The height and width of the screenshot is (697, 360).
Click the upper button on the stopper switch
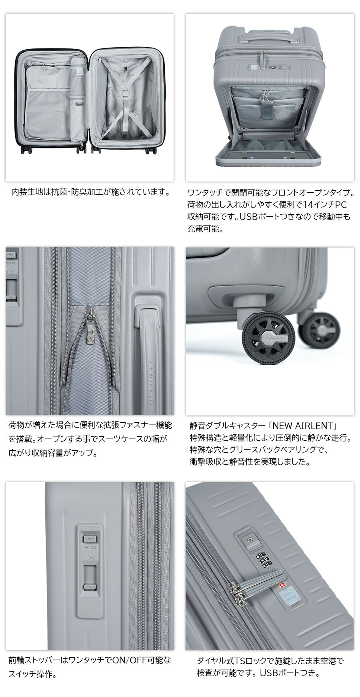[89, 538]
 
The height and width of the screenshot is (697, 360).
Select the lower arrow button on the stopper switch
[89, 587]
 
